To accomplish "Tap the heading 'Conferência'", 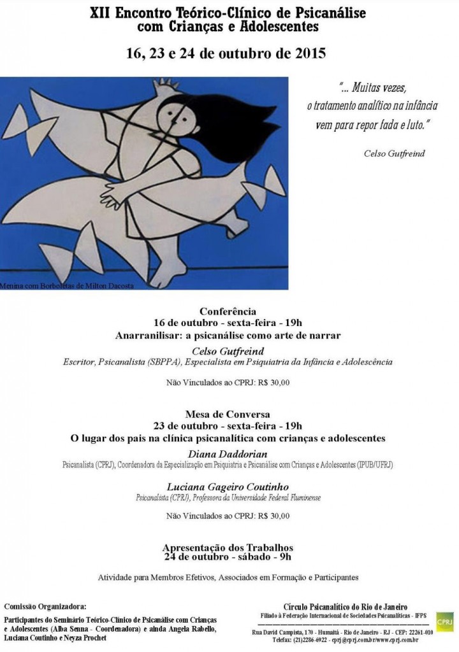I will (x=228, y=312).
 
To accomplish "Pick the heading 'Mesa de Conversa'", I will (x=228, y=415).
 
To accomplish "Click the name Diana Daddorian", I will (x=228, y=453).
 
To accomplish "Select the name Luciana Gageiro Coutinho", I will (x=228, y=487).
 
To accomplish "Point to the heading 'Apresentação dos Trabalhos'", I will (x=228, y=547).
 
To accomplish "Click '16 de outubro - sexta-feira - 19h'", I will (x=228, y=323).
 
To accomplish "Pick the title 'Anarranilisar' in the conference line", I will (x=147, y=334).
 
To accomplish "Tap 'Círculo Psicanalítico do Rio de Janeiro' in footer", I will (x=346, y=606).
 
